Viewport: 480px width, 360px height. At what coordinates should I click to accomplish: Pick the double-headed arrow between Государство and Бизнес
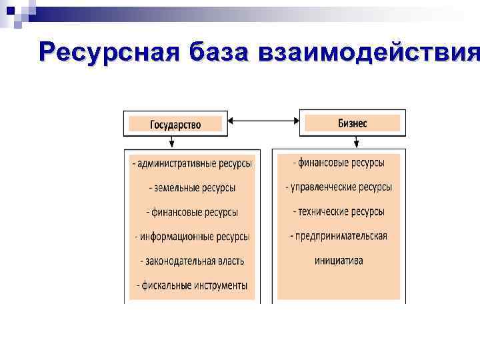(263, 121)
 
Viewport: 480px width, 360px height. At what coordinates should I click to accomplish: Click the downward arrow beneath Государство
(172, 142)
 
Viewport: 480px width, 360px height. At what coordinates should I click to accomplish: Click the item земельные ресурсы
(192, 188)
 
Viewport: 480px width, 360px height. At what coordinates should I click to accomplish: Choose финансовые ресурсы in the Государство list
(192, 212)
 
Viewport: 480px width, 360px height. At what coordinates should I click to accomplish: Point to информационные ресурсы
(192, 237)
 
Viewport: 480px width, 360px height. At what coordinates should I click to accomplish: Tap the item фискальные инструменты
(192, 285)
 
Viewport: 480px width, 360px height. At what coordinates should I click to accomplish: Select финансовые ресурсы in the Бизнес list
(339, 163)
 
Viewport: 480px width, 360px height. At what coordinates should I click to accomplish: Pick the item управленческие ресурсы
(339, 187)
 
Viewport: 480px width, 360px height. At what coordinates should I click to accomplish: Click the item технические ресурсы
(339, 211)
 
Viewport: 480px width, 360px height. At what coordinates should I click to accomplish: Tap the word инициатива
(339, 261)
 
